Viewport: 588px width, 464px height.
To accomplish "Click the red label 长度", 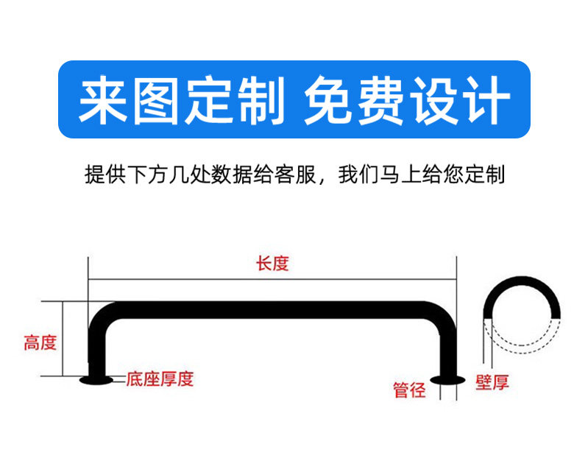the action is click(x=272, y=264).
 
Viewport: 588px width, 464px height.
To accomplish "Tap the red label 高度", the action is click(x=40, y=343).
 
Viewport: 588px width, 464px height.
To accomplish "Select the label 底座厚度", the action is click(x=160, y=379).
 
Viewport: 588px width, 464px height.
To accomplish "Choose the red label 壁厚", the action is click(x=492, y=382).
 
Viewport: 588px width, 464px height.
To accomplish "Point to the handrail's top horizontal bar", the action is click(x=272, y=309).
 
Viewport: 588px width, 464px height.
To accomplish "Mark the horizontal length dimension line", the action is click(x=272, y=280).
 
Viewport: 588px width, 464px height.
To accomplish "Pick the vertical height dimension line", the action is click(x=63, y=339).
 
